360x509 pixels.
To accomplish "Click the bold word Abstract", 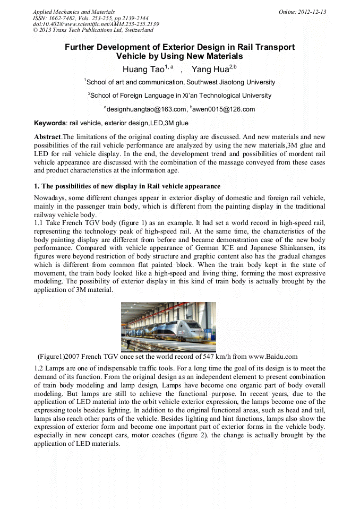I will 47,137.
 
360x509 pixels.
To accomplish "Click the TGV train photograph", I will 168,326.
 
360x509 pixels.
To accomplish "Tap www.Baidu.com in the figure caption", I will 273,357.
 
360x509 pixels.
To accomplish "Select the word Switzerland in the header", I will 132,30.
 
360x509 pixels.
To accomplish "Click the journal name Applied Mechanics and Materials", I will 73,11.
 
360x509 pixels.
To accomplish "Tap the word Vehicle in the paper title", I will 132,56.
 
